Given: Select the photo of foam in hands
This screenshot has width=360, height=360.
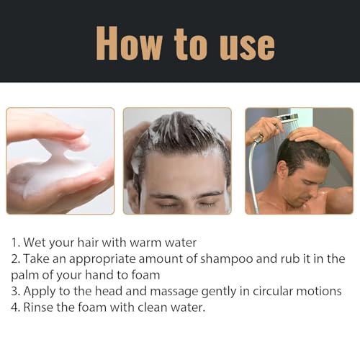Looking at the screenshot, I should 60,161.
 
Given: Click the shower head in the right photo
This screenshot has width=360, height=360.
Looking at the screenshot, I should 288,118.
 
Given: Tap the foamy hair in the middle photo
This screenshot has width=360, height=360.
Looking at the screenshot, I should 177,130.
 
